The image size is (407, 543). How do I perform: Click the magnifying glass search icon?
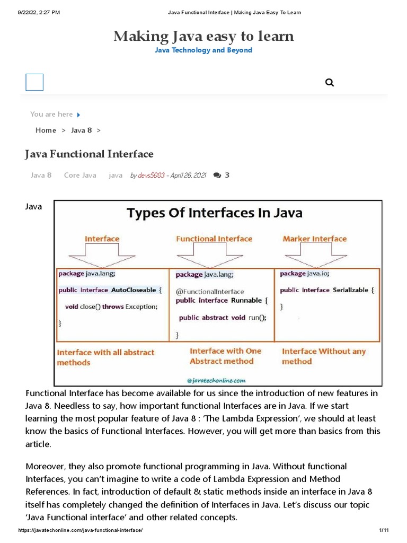[x=329, y=83]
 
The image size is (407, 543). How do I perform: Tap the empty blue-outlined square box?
[x=34, y=82]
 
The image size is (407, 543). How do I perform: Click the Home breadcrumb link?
[x=46, y=130]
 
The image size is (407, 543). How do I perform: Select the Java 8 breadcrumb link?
[x=82, y=130]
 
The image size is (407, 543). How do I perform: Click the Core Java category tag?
[x=80, y=175]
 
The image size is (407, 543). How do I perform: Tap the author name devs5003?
[x=151, y=175]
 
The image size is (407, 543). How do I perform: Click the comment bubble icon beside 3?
[x=217, y=175]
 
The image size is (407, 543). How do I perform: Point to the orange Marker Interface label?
[x=315, y=239]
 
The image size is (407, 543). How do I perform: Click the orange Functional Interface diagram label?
[x=214, y=239]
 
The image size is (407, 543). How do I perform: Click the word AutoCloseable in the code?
[x=133, y=290]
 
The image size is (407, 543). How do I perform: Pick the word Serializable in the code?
[x=350, y=290]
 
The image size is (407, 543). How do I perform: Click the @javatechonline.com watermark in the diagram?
[x=217, y=380]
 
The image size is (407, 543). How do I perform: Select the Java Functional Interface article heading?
[x=89, y=154]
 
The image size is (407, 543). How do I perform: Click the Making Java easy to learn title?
[x=203, y=36]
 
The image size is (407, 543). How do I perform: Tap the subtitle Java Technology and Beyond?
[x=203, y=50]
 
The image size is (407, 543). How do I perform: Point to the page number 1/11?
[x=384, y=530]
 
